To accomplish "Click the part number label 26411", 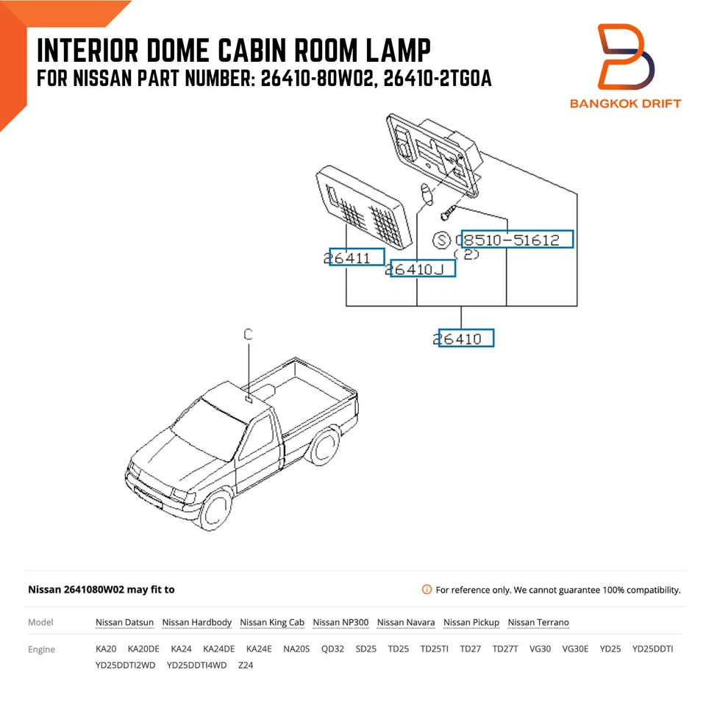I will (356, 257).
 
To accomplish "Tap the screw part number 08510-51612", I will (516, 240).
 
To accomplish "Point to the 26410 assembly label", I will (465, 338).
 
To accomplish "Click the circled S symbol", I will (441, 240).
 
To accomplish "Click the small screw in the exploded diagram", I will (448, 213).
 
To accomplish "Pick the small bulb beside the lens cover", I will (425, 195).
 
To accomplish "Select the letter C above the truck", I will (249, 335).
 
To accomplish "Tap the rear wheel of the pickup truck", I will (324, 448).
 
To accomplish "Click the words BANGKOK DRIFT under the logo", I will (625, 103).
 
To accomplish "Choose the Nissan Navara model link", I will (405, 622).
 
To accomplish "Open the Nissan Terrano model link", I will (538, 622).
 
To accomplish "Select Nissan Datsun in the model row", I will (124, 622).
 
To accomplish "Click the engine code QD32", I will (332, 649).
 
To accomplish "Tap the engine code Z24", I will (246, 666).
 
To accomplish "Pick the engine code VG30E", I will (575, 649).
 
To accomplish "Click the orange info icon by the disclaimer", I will (427, 590).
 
